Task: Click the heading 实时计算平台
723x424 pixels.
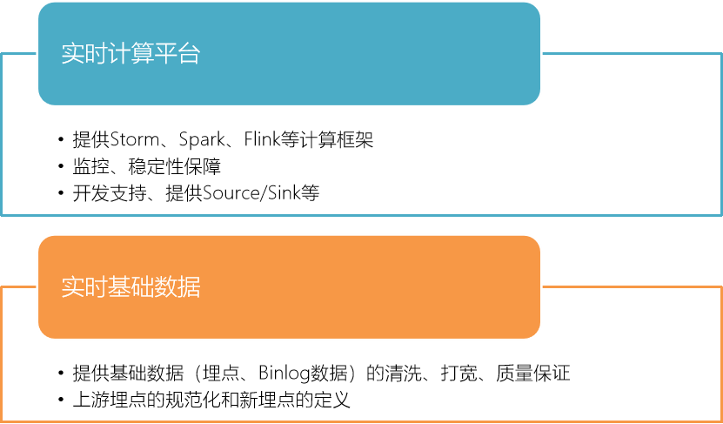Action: coord(131,53)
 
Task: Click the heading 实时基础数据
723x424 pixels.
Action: coord(131,287)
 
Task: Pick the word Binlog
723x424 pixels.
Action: coord(285,374)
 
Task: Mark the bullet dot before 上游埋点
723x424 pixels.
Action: coord(61,401)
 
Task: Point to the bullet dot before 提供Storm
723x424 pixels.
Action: coord(61,140)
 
